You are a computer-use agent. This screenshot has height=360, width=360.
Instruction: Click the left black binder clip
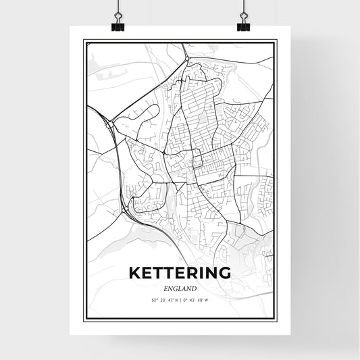click(118, 25)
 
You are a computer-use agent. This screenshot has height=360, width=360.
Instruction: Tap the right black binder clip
click(243, 25)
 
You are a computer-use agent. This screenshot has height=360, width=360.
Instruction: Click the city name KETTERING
click(179, 273)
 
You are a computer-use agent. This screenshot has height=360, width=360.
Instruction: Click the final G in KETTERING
click(224, 273)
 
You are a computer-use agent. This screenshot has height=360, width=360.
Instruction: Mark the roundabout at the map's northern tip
click(188, 57)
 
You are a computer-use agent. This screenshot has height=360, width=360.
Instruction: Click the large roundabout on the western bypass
click(109, 124)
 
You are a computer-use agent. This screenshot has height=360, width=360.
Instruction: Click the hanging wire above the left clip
click(118, 8)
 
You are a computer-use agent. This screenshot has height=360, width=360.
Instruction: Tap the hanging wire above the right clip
click(243, 8)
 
